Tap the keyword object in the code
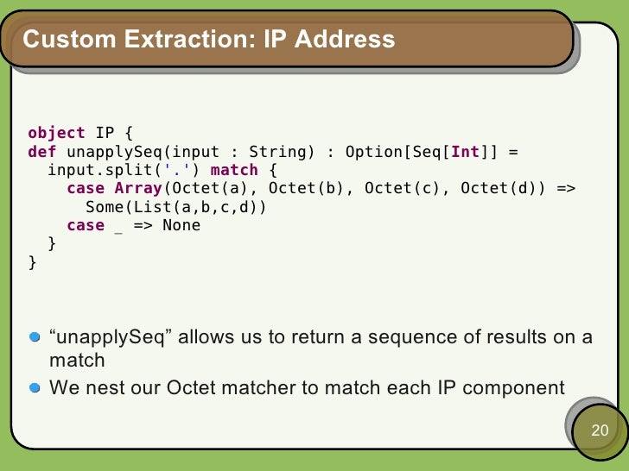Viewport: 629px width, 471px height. (56, 133)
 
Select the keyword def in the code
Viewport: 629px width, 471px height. (42, 152)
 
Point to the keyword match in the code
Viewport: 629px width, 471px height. (234, 170)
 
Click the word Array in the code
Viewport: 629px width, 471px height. (138, 189)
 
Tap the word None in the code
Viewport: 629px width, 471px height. (181, 225)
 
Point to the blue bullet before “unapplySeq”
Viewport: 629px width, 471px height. (35, 337)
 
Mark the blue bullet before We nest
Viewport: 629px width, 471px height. (35, 388)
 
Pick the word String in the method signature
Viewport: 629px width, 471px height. (277, 152)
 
